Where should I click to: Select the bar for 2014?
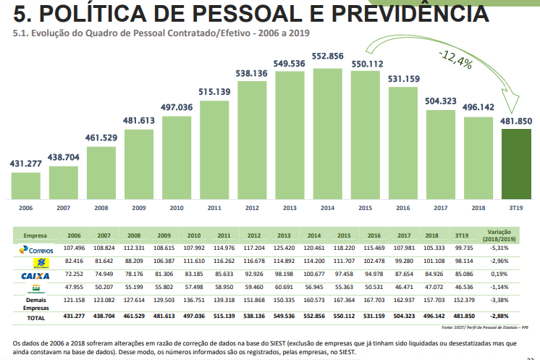pos(327,133)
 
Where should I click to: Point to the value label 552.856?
pos(327,56)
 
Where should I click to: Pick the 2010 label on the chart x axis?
pos(177,208)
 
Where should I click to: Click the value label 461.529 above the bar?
pos(101,137)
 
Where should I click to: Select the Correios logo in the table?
pos(35,249)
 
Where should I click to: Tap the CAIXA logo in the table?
pos(35,276)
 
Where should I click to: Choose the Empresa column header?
pos(35,236)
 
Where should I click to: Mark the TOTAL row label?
pos(35,317)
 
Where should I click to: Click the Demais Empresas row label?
pos(35,304)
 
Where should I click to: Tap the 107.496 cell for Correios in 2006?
pos(73,248)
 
